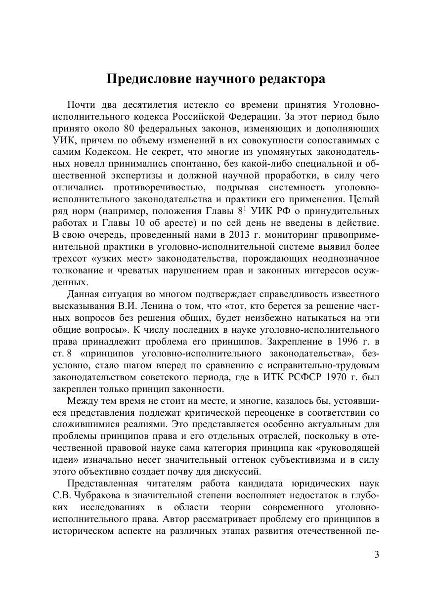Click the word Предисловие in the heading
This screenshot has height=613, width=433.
tap(149, 80)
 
